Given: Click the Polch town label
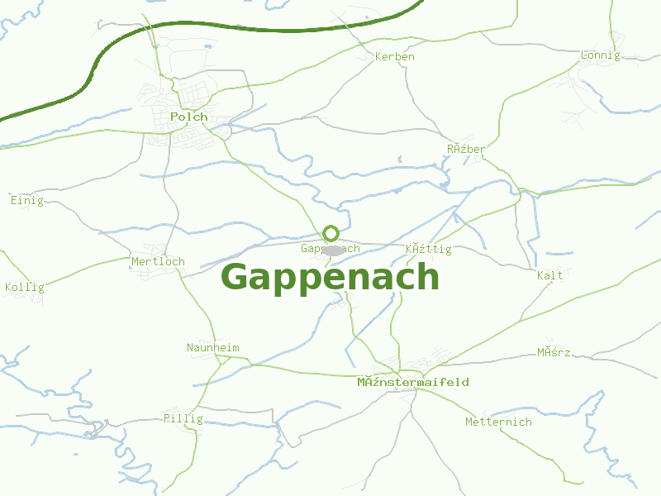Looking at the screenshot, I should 189,117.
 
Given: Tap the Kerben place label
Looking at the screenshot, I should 395,57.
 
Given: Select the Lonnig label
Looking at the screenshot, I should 601,55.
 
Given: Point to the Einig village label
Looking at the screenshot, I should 26,201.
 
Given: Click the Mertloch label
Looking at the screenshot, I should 158,261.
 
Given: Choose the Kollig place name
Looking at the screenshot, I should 24,288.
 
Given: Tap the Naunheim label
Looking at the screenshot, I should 212,347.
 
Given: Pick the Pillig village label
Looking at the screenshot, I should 183,418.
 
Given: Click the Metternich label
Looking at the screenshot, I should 498,422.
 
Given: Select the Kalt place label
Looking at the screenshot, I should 549,275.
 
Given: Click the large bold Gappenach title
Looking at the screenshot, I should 330,277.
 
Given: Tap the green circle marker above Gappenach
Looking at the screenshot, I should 330,233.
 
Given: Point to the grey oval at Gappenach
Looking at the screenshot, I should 332,250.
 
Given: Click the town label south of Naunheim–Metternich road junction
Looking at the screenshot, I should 413,382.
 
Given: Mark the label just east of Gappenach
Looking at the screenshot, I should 429,249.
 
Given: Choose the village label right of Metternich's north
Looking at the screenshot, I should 554,353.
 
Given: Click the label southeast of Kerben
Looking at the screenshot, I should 466,149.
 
